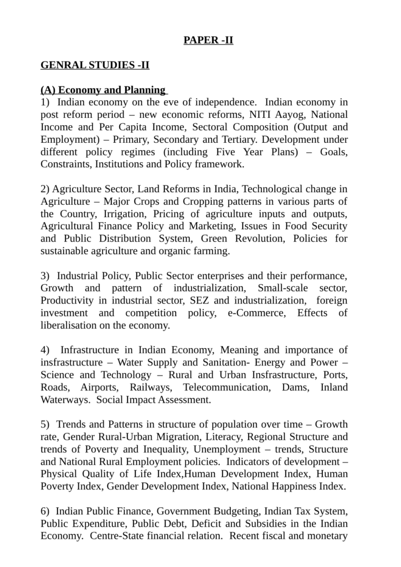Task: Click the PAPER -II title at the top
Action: (x=208, y=40)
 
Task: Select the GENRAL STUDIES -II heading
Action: (x=95, y=65)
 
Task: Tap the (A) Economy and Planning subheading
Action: (x=103, y=90)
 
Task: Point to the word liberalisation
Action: (x=70, y=326)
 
